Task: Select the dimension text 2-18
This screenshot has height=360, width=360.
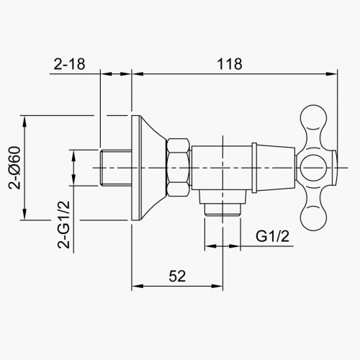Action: (x=69, y=63)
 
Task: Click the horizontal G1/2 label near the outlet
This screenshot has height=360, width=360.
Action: (x=273, y=236)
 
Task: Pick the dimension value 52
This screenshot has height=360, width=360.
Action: (x=176, y=274)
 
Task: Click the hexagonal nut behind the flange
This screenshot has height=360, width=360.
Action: (x=178, y=168)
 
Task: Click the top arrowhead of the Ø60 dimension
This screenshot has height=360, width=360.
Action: (x=26, y=117)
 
